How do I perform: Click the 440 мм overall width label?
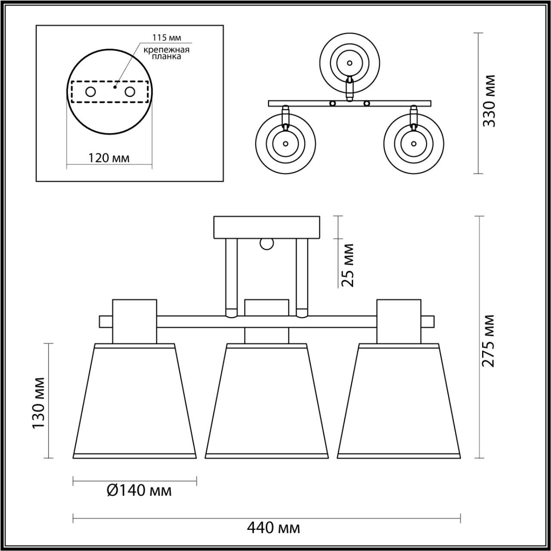[x=273, y=527]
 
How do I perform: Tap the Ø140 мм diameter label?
[x=139, y=490]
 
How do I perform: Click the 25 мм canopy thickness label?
[x=347, y=265]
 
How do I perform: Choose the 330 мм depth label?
[x=489, y=101]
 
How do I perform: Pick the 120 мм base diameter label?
[x=108, y=158]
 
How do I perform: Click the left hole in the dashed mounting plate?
[x=90, y=92]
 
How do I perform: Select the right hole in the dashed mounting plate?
[x=130, y=92]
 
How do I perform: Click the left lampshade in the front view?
[x=135, y=400]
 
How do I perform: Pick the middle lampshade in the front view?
[x=266, y=400]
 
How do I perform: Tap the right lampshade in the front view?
[x=399, y=400]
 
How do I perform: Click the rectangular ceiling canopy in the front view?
[x=267, y=227]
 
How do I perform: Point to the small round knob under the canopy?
[x=266, y=244]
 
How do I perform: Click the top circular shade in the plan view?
[x=350, y=63]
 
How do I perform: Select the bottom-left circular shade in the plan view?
[x=285, y=143]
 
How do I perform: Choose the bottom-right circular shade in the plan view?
[x=414, y=143]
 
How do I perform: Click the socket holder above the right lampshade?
[x=399, y=321]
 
